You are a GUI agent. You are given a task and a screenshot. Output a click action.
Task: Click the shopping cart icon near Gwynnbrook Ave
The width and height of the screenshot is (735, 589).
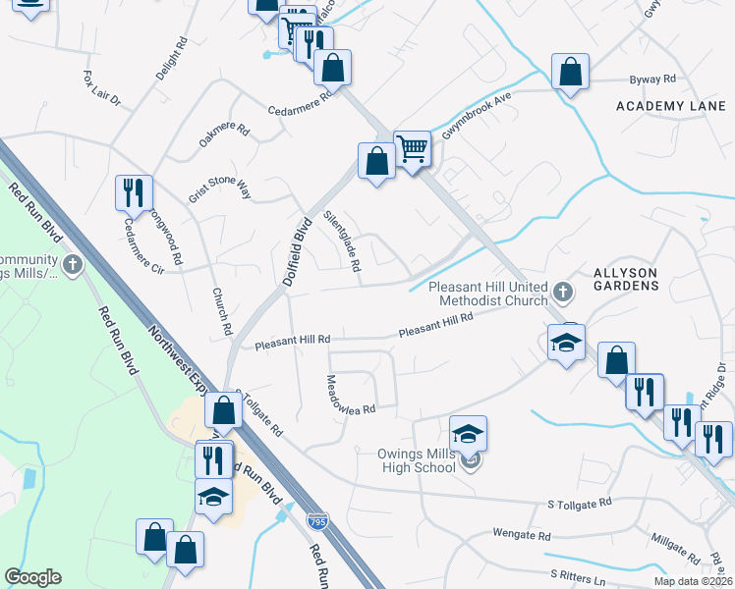pyautogui.click(x=413, y=149)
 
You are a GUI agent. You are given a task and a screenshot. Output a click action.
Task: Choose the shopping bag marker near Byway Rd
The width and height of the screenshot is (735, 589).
pyautogui.click(x=570, y=72)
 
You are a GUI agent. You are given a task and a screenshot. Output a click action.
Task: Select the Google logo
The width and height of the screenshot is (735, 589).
pyautogui.click(x=32, y=577)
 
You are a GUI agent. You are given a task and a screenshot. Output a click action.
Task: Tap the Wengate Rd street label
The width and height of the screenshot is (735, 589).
pyautogui.click(x=522, y=536)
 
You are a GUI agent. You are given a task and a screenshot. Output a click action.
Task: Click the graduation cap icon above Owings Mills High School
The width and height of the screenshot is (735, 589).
pyautogui.click(x=469, y=433)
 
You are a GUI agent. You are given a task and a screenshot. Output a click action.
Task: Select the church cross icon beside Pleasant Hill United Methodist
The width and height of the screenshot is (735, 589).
pyautogui.click(x=562, y=291)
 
